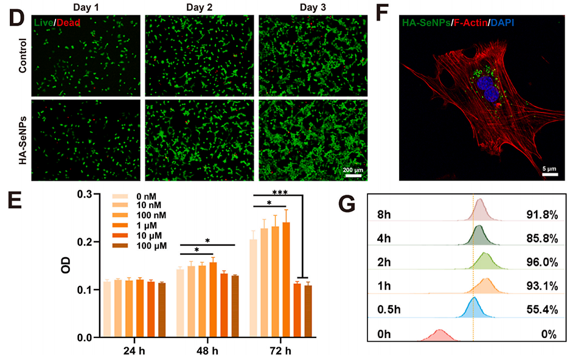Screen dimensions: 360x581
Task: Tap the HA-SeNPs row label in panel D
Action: (x=22, y=139)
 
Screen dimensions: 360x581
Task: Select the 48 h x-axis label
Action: (x=207, y=351)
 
